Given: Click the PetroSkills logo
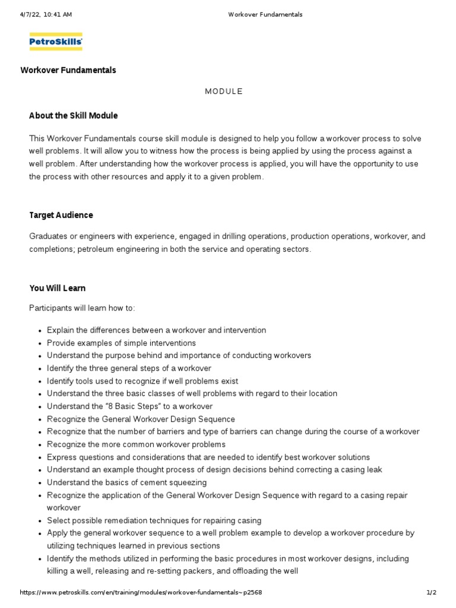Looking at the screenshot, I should (x=56, y=42).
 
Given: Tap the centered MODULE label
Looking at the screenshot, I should (x=224, y=91).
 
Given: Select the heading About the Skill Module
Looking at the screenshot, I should (x=74, y=115).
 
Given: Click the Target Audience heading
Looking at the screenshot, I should (x=61, y=215).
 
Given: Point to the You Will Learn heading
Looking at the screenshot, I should (x=58, y=288).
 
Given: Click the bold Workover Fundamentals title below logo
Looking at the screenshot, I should (x=68, y=70).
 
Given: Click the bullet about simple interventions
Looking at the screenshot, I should (x=121, y=343).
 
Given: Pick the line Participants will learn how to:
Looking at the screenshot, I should (x=82, y=308).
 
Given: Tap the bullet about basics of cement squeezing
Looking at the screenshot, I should (x=126, y=482).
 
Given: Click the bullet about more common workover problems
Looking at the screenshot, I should (x=136, y=444).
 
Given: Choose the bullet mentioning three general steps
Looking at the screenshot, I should (x=129, y=368).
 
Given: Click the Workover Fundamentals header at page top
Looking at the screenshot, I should (x=265, y=15).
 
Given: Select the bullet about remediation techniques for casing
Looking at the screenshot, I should (x=154, y=520).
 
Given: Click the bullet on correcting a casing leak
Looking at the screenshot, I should (x=214, y=470).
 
